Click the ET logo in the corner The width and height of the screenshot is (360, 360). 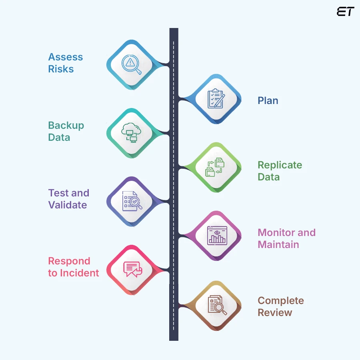(345, 12)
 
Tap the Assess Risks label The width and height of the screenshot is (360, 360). (65, 63)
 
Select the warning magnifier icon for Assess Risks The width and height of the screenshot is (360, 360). (132, 64)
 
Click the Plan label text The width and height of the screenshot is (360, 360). (268, 100)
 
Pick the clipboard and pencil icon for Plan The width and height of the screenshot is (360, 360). (216, 99)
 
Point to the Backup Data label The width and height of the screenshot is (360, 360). (66, 131)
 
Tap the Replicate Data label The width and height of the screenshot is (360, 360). (280, 171)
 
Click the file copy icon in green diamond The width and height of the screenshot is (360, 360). (215, 167)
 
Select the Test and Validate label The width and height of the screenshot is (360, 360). (68, 199)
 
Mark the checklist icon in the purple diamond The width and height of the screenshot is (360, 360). (131, 201)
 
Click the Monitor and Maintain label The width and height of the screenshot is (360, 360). (286, 238)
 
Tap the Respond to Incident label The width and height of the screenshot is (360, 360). (73, 267)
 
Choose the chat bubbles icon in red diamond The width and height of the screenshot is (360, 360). (132, 269)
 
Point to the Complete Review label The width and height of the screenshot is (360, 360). (280, 306)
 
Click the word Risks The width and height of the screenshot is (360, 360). (61, 69)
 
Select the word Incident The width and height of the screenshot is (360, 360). (79, 273)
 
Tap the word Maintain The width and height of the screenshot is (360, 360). (278, 244)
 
